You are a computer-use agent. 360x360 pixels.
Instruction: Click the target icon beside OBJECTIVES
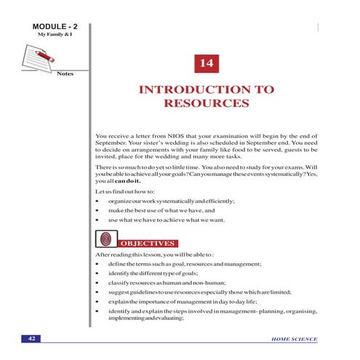[105, 239]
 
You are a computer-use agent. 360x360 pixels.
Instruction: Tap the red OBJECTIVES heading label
[148, 242]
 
